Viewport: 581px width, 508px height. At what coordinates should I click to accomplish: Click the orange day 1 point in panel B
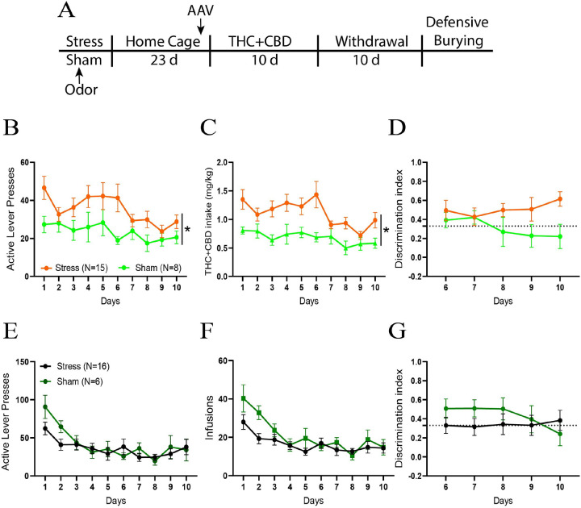[x=44, y=188]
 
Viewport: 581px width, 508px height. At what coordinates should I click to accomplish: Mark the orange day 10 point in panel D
[x=558, y=199]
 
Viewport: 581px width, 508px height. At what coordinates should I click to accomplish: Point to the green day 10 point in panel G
[x=558, y=434]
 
